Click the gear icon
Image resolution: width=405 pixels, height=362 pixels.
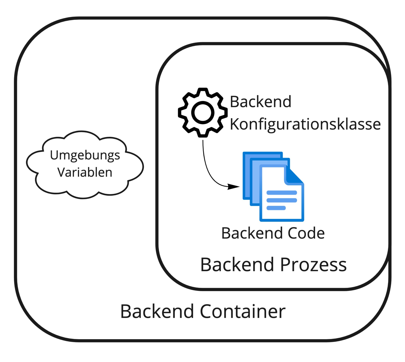(x=202, y=112)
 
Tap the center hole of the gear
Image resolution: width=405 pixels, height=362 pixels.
(x=202, y=113)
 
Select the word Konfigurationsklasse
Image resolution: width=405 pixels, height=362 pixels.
(x=305, y=124)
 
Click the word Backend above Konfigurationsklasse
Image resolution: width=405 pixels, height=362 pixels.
(x=260, y=102)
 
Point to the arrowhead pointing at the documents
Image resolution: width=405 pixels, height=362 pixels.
(x=233, y=187)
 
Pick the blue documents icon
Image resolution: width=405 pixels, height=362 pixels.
(x=273, y=186)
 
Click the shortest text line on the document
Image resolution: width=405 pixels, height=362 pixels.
(x=276, y=208)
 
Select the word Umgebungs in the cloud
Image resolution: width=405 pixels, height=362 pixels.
(x=85, y=155)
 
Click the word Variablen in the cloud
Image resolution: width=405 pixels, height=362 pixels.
(x=85, y=173)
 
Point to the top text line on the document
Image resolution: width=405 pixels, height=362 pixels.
(x=281, y=193)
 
